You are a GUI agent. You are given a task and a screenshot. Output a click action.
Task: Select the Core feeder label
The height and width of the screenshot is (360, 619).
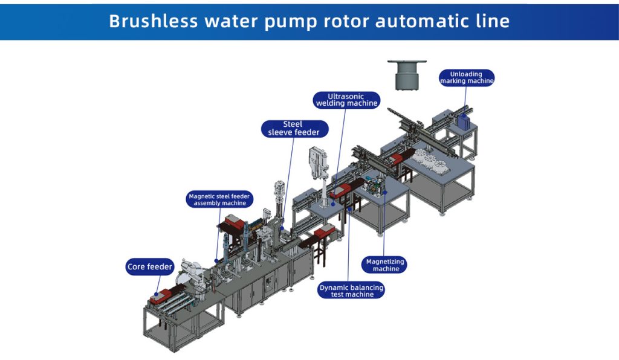click(x=151, y=266)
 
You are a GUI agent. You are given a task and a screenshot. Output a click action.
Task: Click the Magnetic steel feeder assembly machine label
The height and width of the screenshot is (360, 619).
click(x=220, y=200)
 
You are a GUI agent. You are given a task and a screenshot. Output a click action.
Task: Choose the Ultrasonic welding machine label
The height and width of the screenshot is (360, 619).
click(x=346, y=100)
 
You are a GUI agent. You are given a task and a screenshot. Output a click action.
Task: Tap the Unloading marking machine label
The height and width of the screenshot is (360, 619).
click(x=467, y=77)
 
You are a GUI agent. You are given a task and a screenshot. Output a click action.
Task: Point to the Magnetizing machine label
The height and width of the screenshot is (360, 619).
click(x=386, y=265)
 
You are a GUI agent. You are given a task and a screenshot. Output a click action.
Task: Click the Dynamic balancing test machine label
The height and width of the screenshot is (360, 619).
click(x=351, y=291)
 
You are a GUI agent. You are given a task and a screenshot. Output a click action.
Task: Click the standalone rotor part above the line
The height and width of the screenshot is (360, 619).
click(x=406, y=75)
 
